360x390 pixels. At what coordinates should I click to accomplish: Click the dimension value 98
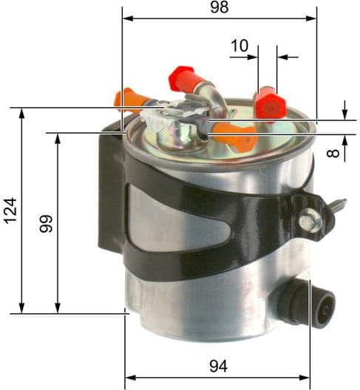tap(218, 7)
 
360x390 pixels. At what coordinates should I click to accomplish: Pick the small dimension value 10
tap(240, 46)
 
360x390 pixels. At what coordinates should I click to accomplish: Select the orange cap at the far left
tap(126, 99)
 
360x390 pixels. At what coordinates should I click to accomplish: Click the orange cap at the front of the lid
tap(236, 136)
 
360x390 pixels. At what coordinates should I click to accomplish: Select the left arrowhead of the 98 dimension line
tap(127, 16)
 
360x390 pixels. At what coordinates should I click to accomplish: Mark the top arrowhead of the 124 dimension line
tap(22, 113)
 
